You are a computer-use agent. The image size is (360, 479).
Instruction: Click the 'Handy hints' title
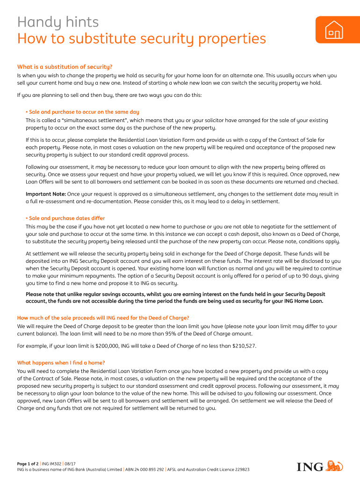58,22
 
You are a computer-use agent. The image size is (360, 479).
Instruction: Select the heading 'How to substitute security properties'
141,39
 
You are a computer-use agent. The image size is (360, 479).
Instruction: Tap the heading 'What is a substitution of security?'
65,66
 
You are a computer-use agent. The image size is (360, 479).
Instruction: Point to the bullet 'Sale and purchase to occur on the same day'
83,112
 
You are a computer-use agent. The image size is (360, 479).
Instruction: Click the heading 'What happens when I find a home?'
61,363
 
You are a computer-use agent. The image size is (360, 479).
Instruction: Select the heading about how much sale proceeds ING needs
103,318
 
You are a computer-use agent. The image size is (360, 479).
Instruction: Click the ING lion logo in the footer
334,466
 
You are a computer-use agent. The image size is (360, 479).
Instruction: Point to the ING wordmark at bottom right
310,467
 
